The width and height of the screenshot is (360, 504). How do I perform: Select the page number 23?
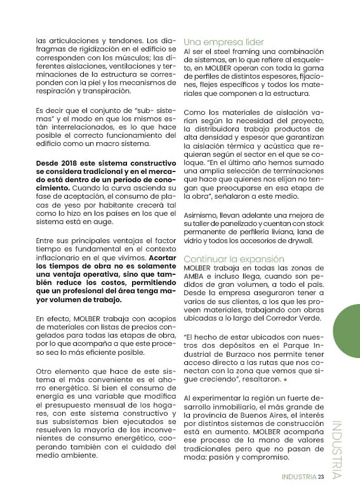point(321,477)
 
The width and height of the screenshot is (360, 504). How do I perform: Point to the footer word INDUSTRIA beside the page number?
point(299,477)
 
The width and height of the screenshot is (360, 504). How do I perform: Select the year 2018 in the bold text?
point(68,162)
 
